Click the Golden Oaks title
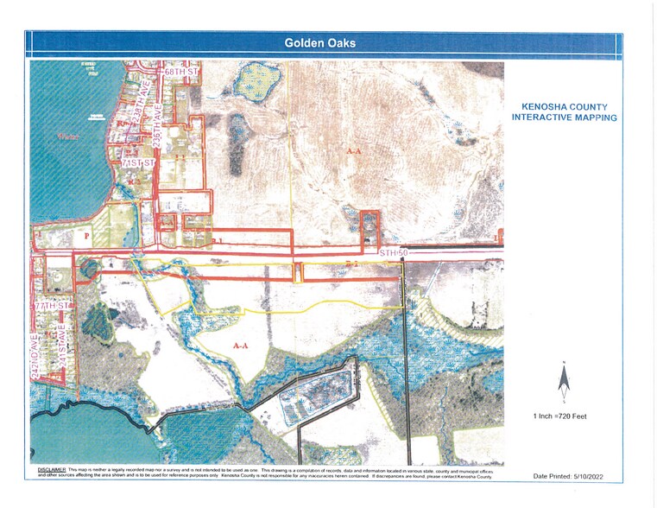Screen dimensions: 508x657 click(319, 42)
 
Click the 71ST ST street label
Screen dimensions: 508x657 click(137, 162)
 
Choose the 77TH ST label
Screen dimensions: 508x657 click(48, 306)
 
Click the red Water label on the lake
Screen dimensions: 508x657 click(67, 136)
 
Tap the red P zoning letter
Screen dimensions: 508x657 click(85, 234)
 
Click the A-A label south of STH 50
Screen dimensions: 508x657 click(241, 344)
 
